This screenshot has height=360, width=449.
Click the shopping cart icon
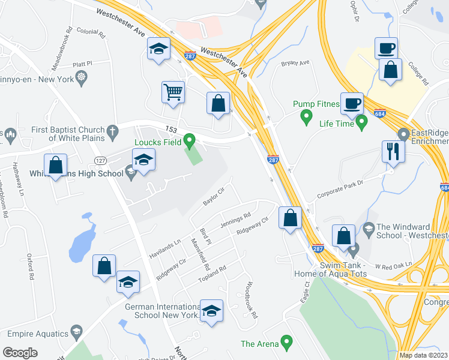click(x=173, y=93)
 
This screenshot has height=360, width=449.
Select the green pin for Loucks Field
click(x=190, y=142)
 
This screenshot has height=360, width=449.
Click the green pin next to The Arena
click(x=287, y=344)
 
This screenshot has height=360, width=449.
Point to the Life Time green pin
click(x=361, y=123)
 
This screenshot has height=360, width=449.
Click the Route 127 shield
click(x=100, y=160)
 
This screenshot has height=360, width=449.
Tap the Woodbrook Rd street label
click(x=251, y=299)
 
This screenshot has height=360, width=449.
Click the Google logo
click(x=20, y=353)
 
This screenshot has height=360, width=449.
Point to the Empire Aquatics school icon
click(x=76, y=331)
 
